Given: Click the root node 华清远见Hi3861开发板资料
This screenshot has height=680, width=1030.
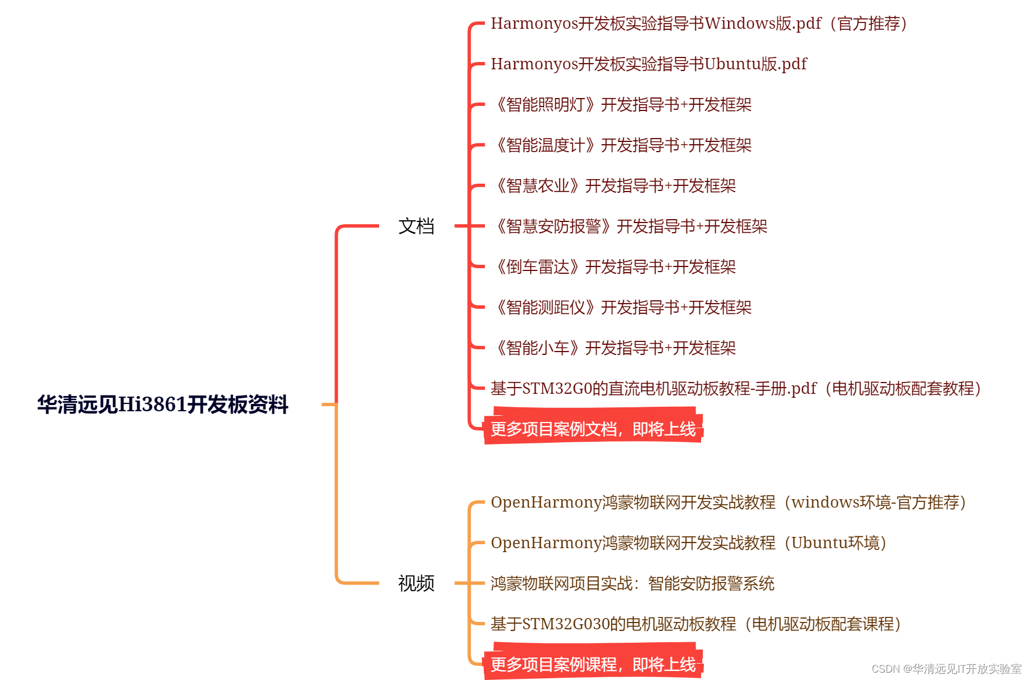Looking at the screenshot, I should [x=163, y=405].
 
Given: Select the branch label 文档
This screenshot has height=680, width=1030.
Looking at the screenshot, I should [x=416, y=226].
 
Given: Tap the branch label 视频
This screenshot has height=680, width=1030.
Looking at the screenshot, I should [x=416, y=584].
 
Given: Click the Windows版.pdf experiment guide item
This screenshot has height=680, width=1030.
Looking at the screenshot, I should [x=698, y=24].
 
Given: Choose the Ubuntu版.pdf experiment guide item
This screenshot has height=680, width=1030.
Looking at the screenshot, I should [x=649, y=64].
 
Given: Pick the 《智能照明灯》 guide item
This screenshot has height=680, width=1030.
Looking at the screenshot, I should [x=622, y=105].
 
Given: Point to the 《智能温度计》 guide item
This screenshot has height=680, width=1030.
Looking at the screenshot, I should [x=622, y=145].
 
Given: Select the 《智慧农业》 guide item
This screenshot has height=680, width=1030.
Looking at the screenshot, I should [x=614, y=186].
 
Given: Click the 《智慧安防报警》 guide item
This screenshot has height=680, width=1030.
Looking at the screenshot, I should [x=630, y=226].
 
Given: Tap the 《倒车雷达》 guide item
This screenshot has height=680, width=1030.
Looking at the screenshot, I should [x=614, y=267].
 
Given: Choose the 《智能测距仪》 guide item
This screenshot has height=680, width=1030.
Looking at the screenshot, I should [x=622, y=308].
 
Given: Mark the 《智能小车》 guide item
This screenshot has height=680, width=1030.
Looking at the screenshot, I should [x=614, y=348].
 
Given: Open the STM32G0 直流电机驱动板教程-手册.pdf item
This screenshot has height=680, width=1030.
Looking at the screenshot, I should [x=735, y=389].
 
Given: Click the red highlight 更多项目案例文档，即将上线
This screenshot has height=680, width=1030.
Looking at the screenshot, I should [x=593, y=429].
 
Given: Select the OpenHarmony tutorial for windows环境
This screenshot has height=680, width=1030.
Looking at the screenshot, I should [x=728, y=503].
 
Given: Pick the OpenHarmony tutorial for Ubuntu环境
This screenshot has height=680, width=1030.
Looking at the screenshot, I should [x=688, y=543].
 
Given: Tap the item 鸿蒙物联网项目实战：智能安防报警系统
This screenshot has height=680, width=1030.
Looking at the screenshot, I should [x=632, y=584].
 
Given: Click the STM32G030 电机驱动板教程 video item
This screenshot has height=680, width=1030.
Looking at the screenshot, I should [x=695, y=624].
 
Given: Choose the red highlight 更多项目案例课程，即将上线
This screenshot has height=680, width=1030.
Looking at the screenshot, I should [x=593, y=665].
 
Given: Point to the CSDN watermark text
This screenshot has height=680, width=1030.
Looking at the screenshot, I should [x=946, y=669].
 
